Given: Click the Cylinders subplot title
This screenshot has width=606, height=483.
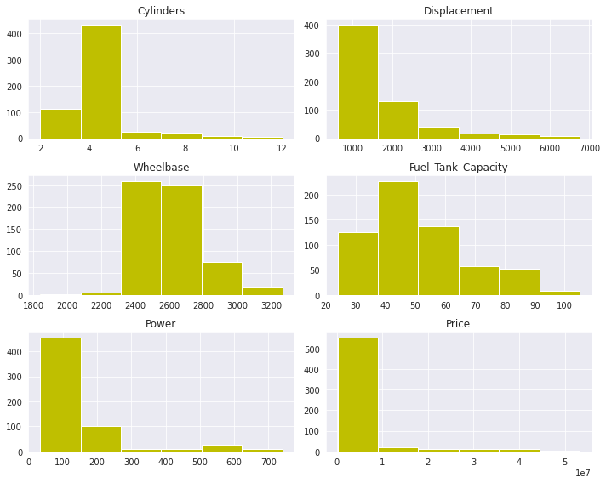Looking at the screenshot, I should click(x=161, y=11).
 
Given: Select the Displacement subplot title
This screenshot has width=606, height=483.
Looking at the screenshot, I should click(x=458, y=11).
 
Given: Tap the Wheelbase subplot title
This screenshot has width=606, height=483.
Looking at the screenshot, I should click(x=161, y=168).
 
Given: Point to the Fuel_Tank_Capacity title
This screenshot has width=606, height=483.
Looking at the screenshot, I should click(x=458, y=168).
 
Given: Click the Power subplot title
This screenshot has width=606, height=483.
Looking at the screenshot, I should click(x=161, y=324).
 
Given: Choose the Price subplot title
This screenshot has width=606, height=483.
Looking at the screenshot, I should click(x=458, y=324).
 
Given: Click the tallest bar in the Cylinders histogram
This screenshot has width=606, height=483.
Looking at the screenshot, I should click(x=100, y=82).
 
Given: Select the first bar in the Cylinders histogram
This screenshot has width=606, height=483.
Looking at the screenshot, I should click(x=60, y=123).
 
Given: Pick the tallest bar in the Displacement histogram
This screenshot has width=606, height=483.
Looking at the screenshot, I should click(x=357, y=82).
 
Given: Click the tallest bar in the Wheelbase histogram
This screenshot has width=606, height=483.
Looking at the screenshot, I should click(x=140, y=238).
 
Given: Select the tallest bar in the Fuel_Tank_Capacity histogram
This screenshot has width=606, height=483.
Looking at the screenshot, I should click(x=397, y=238).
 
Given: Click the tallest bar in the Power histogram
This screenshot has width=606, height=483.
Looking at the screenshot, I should click(x=60, y=395).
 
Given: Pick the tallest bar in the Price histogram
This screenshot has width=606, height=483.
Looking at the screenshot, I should click(x=357, y=395).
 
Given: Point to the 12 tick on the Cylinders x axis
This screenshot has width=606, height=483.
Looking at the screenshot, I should click(x=281, y=148).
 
